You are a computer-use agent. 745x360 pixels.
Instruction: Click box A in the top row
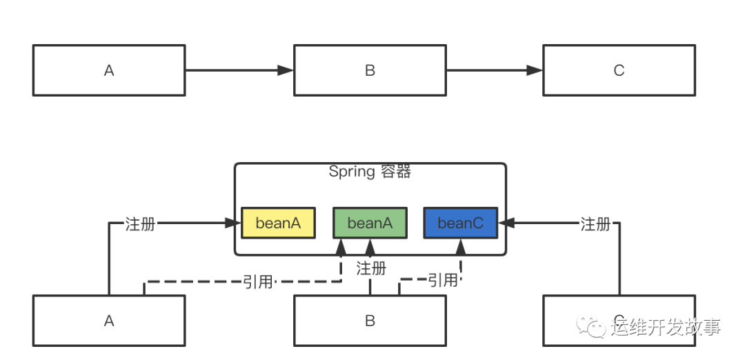109,70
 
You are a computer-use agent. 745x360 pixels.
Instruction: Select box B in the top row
370,70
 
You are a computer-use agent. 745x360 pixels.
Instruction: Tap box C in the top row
619,70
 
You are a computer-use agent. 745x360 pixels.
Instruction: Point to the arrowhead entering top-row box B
286,70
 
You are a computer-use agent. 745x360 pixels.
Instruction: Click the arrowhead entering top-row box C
535,70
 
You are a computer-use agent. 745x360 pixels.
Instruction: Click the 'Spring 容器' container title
370,172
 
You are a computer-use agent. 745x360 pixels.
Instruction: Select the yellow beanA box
278,223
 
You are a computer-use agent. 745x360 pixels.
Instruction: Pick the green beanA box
370,223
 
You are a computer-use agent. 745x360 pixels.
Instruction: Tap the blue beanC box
460,223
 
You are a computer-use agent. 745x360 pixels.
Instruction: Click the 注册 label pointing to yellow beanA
140,223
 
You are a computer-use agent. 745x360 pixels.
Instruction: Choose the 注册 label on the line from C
595,223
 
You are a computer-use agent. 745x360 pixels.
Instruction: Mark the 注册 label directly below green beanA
371,268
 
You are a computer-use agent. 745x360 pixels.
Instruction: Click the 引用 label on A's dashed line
257,281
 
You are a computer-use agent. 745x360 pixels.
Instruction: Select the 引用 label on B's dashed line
442,280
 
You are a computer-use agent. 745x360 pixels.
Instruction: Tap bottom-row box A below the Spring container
109,321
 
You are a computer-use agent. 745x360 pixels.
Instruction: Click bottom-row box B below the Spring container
370,321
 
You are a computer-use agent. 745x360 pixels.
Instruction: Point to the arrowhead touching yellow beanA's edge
233,223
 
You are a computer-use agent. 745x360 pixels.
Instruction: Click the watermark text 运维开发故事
666,326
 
